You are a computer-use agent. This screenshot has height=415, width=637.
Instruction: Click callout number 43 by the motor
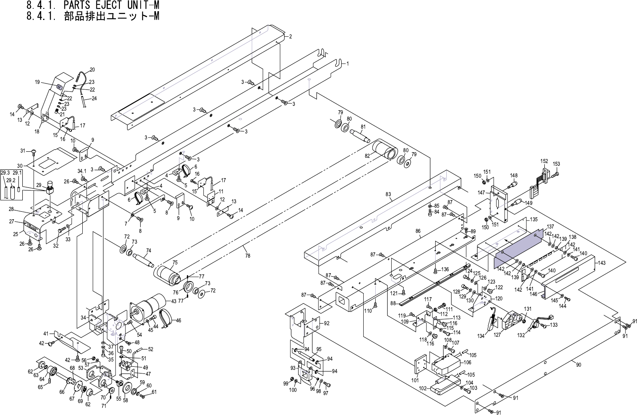(x=173, y=301)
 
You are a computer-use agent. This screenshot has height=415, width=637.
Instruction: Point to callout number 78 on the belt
(x=248, y=256)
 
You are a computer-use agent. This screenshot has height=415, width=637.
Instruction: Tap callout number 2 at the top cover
(x=291, y=37)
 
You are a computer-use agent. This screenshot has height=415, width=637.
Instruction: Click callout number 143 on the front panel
(x=602, y=263)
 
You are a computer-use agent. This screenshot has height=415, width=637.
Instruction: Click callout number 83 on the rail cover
(x=388, y=195)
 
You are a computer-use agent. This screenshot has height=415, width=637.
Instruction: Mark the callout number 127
(x=497, y=335)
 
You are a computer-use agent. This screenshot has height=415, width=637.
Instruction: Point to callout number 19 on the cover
(x=37, y=83)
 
